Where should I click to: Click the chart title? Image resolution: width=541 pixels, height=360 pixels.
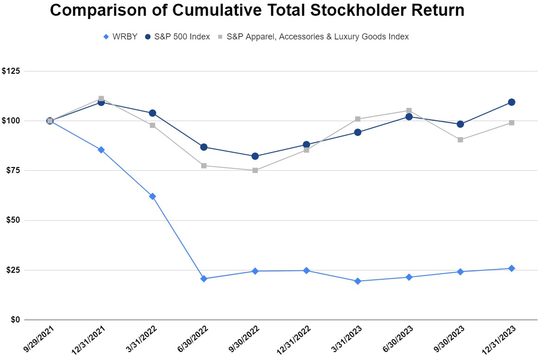click(257, 11)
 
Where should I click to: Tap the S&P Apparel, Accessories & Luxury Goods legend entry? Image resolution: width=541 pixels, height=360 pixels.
click(313, 37)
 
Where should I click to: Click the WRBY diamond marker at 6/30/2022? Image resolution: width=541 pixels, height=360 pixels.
click(204, 279)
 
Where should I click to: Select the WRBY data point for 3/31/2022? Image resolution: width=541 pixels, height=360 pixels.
click(153, 196)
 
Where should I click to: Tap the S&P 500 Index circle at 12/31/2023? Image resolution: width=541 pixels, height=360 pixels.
click(511, 102)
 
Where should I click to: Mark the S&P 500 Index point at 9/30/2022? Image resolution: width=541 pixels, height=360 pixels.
click(255, 156)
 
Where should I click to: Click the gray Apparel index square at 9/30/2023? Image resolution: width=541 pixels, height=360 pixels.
click(460, 140)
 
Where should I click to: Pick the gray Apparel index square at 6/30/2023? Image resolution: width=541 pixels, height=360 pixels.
click(409, 110)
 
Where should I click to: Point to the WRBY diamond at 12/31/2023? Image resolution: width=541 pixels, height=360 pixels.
click(511, 268)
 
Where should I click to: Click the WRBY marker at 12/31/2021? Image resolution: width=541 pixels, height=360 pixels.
click(101, 150)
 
